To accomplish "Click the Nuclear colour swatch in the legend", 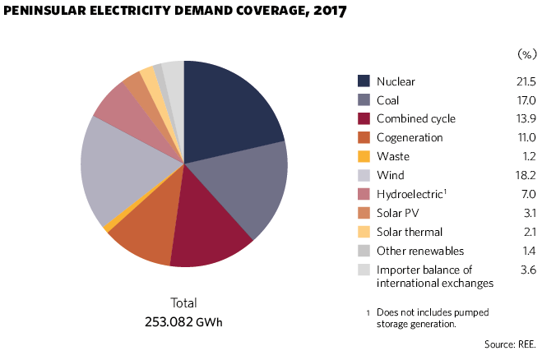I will (x=364, y=81).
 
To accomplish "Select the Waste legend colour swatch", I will (x=364, y=157).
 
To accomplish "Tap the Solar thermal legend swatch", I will (x=364, y=233).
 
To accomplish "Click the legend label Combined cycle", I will (x=415, y=119).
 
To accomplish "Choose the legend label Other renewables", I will (x=419, y=251).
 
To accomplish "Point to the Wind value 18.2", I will (x=524, y=176).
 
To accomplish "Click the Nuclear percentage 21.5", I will (x=524, y=81).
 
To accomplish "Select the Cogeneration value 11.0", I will (x=525, y=138).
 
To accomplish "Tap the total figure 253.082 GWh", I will (x=184, y=321).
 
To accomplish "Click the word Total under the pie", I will (x=183, y=302).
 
